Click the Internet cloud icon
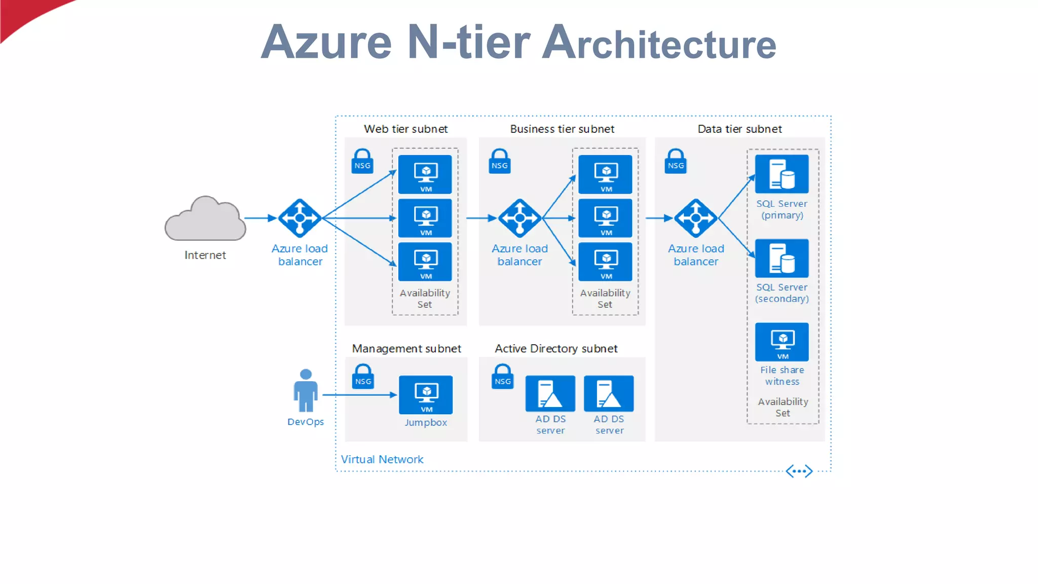[205, 220]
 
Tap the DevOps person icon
[306, 391]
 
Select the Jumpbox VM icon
[426, 395]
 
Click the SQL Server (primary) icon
[782, 174]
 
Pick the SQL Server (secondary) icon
[782, 258]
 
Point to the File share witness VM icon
[782, 342]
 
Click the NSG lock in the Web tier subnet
[362, 162]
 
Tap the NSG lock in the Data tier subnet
[676, 162]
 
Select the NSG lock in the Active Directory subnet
[502, 377]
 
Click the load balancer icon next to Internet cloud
[300, 218]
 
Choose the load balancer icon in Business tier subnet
[520, 218]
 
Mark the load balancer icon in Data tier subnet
[695, 218]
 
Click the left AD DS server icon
[550, 393]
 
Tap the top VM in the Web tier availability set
[425, 174]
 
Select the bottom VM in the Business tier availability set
[605, 262]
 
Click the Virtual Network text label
[382, 459]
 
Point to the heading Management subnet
[406, 349]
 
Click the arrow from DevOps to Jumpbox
[359, 394]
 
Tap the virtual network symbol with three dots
[799, 471]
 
